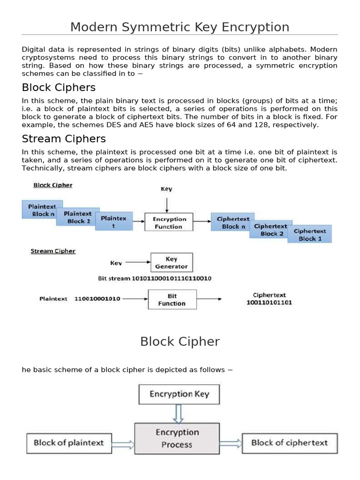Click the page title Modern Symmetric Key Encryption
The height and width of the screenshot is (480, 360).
pyautogui.click(x=180, y=27)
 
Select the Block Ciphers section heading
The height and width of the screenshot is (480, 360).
pyautogui.click(x=59, y=88)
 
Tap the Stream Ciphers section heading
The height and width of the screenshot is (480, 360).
pyautogui.click(x=64, y=139)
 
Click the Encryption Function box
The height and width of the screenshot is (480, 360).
pyautogui.click(x=169, y=223)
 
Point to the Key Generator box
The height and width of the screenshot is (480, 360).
pyautogui.click(x=171, y=262)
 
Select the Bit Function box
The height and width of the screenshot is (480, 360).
pyautogui.click(x=172, y=300)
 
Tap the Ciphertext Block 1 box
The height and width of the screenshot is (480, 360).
pyautogui.click(x=311, y=234)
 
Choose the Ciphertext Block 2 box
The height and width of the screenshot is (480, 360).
pyautogui.click(x=271, y=230)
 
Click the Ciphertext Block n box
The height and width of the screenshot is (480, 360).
pyautogui.click(x=232, y=222)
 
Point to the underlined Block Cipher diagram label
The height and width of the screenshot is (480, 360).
pyautogui.click(x=53, y=185)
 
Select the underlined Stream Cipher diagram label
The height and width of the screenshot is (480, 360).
pyautogui.click(x=53, y=251)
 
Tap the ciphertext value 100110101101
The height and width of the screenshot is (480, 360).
pyautogui.click(x=269, y=303)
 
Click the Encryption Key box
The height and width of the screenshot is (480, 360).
pyautogui.click(x=179, y=394)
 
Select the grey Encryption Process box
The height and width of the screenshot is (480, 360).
pyautogui.click(x=177, y=438)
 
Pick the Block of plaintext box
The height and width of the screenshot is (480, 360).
pyautogui.click(x=68, y=443)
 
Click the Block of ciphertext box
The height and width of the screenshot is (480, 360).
pyautogui.click(x=289, y=443)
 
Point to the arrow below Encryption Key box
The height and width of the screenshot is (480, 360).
pyautogui.click(x=178, y=413)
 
